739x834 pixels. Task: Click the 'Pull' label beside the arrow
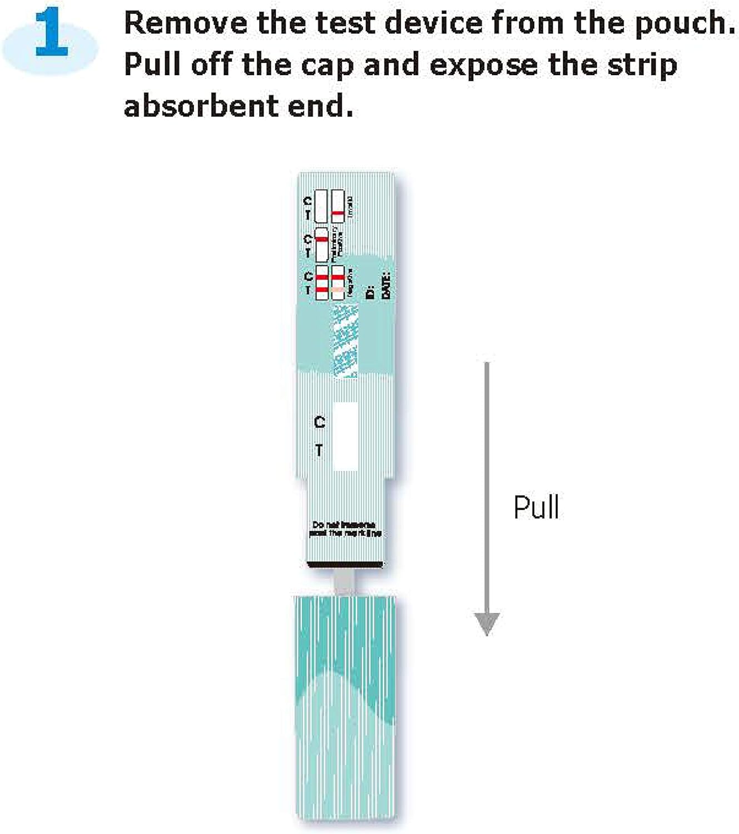[535, 507]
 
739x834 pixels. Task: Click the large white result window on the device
[345, 436]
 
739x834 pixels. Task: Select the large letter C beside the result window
[319, 423]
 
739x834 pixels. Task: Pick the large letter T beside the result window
[319, 450]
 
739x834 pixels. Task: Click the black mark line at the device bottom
[345, 565]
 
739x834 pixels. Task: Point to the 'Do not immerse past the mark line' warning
[345, 529]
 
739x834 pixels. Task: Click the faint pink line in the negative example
[337, 290]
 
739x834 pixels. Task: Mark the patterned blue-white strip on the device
[345, 342]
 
